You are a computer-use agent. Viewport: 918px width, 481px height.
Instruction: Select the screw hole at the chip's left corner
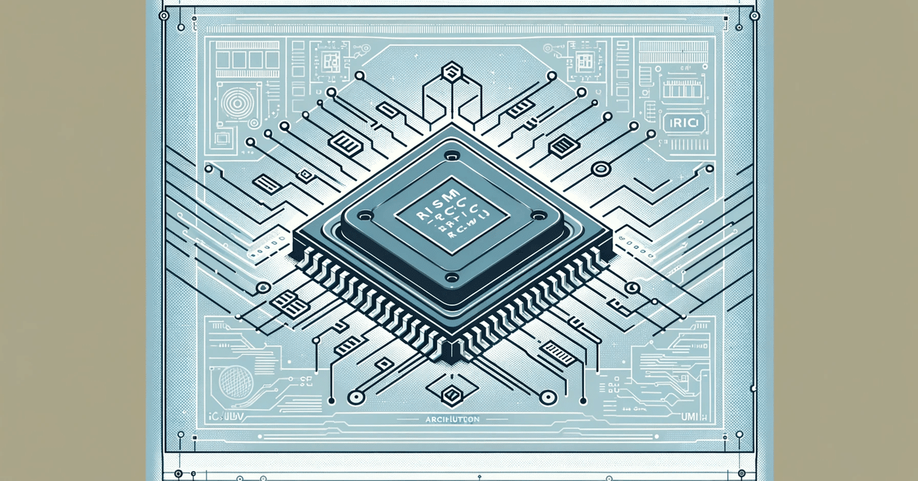pos(365,215)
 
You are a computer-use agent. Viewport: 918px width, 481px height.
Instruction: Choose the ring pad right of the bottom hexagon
pos(547,396)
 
